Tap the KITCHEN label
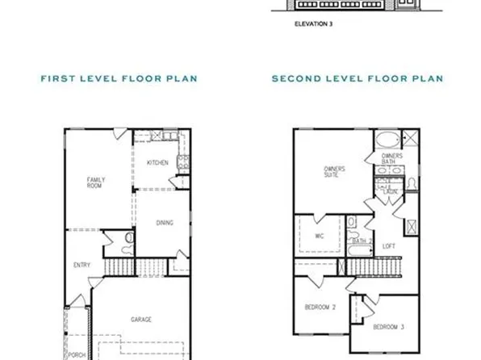click(x=157, y=163)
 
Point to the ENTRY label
click(x=82, y=265)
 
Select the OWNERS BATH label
click(x=392, y=158)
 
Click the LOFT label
click(x=389, y=245)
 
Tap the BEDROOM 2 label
click(x=320, y=308)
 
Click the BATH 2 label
click(x=361, y=241)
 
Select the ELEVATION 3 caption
click(x=314, y=24)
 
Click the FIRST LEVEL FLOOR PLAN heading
click(x=119, y=78)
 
